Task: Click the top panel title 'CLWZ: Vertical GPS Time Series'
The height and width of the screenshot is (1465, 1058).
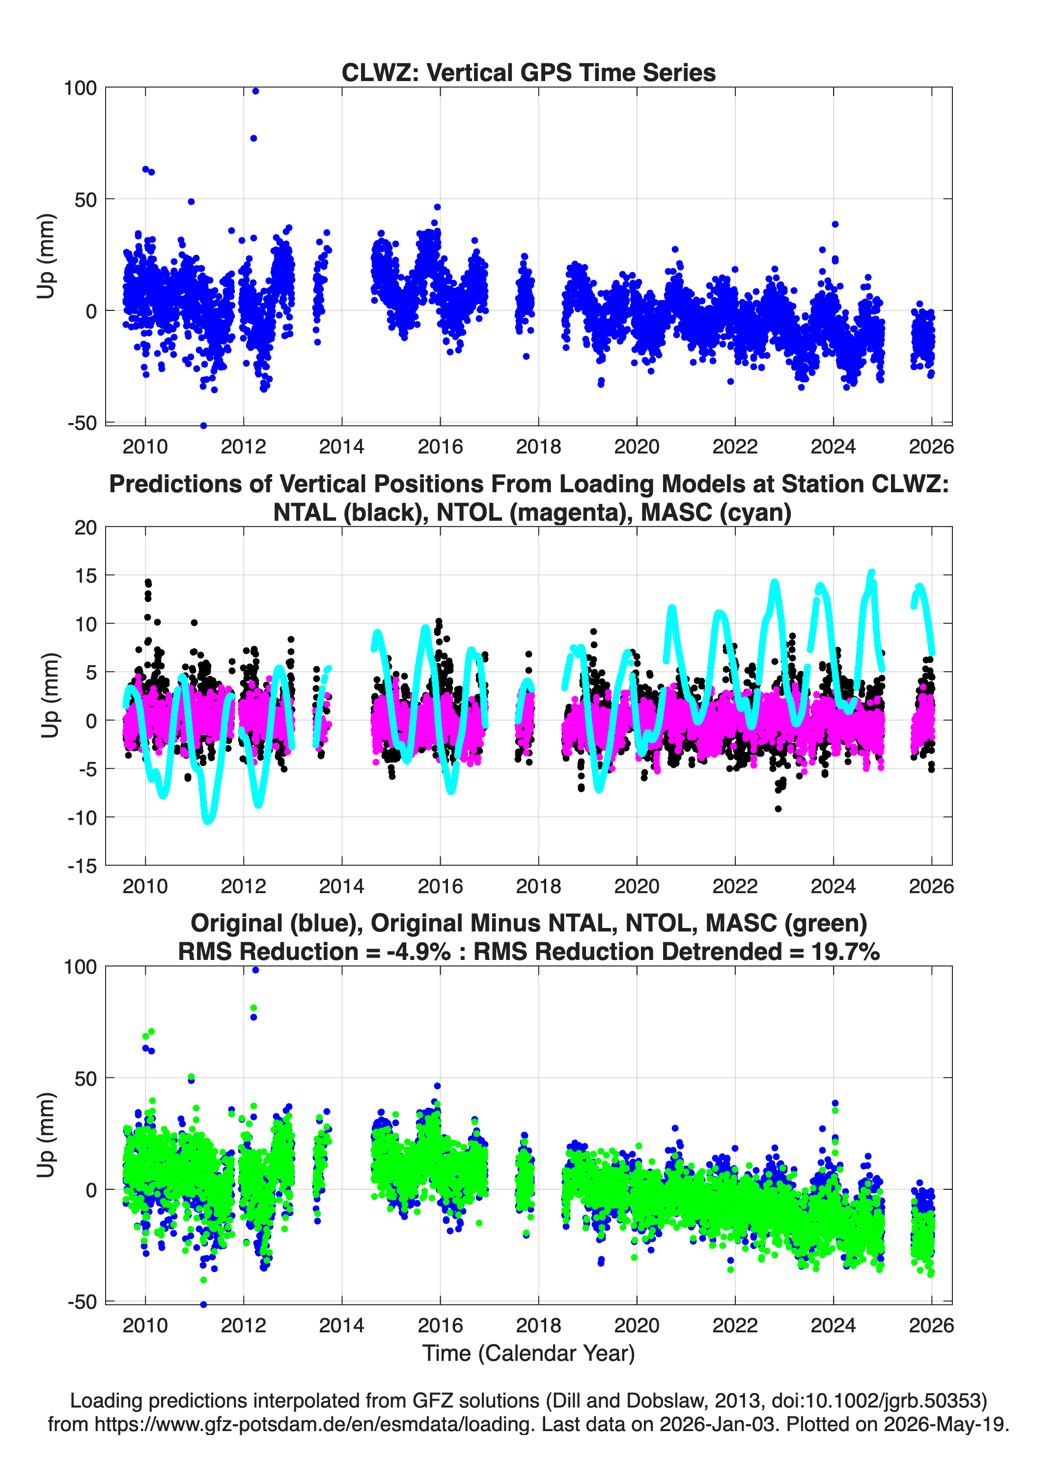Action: (529, 72)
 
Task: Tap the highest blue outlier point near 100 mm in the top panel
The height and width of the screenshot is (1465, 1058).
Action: (255, 91)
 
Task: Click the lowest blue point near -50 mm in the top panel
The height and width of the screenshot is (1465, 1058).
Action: (203, 425)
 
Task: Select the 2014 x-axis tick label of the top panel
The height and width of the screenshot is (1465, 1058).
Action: (342, 447)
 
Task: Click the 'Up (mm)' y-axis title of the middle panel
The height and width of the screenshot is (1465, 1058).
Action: (50, 696)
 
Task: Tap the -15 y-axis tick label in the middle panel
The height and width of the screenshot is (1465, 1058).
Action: (82, 866)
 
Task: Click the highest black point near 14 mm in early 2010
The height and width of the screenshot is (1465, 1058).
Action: (148, 582)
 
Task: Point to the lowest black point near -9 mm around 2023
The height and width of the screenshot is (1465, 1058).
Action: (779, 809)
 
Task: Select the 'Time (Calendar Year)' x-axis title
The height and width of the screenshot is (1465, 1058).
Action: (529, 1352)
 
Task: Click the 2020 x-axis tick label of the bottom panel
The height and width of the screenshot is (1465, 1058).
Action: (637, 1325)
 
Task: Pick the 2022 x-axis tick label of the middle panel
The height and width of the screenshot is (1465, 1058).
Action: (735, 886)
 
